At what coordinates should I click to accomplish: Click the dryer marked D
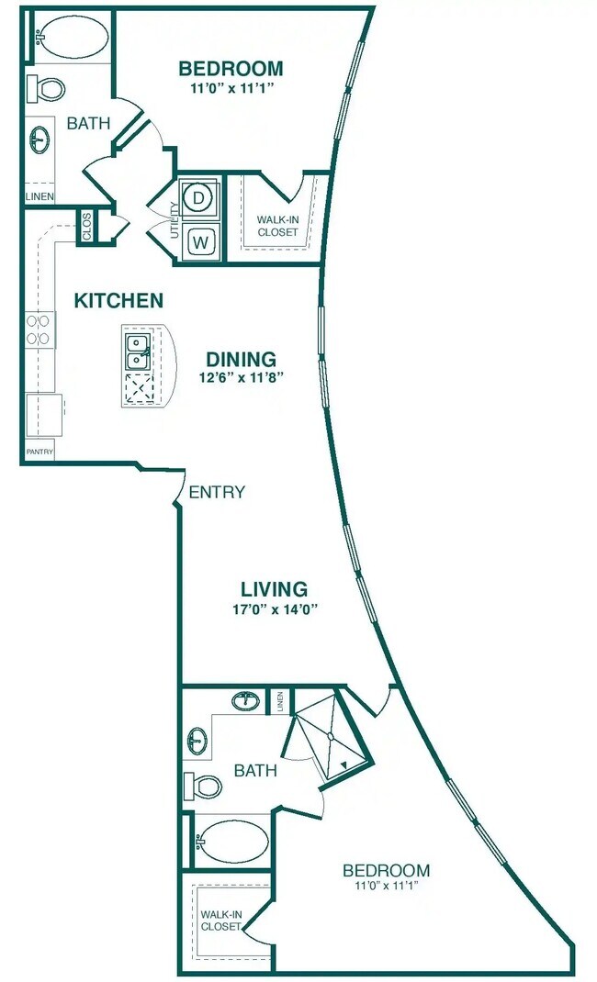click(199, 196)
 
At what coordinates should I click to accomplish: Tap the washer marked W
click(199, 241)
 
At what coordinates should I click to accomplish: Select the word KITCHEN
click(118, 301)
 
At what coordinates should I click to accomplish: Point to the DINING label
click(241, 359)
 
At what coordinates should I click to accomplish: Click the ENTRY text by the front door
click(217, 493)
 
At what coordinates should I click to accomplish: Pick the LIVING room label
click(274, 589)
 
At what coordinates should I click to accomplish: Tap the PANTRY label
click(39, 452)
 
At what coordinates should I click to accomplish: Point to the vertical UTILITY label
click(174, 220)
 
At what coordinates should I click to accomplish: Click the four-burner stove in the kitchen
click(39, 330)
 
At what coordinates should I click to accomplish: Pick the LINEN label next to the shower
click(279, 702)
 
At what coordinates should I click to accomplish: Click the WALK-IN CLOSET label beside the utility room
click(277, 226)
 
